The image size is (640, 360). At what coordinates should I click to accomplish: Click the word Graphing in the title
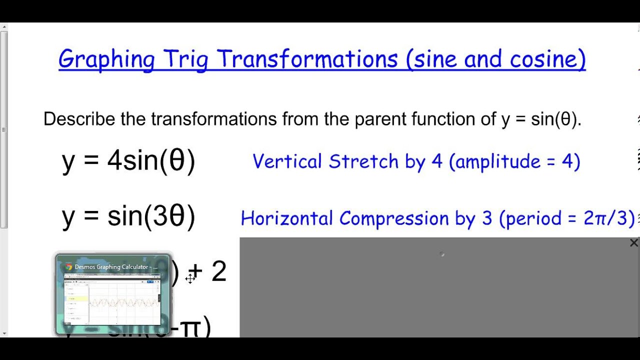click(106, 59)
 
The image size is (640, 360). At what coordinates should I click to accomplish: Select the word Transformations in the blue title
click(307, 59)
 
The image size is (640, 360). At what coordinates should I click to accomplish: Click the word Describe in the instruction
click(79, 119)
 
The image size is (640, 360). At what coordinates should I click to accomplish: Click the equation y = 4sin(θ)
click(128, 161)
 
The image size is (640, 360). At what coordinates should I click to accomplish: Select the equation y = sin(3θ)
click(128, 216)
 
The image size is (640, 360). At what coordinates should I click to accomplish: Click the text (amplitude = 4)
click(514, 161)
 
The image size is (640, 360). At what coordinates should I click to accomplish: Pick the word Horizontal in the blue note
click(286, 218)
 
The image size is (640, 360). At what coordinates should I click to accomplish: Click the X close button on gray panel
click(633, 243)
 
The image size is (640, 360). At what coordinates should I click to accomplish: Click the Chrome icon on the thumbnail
click(68, 267)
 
